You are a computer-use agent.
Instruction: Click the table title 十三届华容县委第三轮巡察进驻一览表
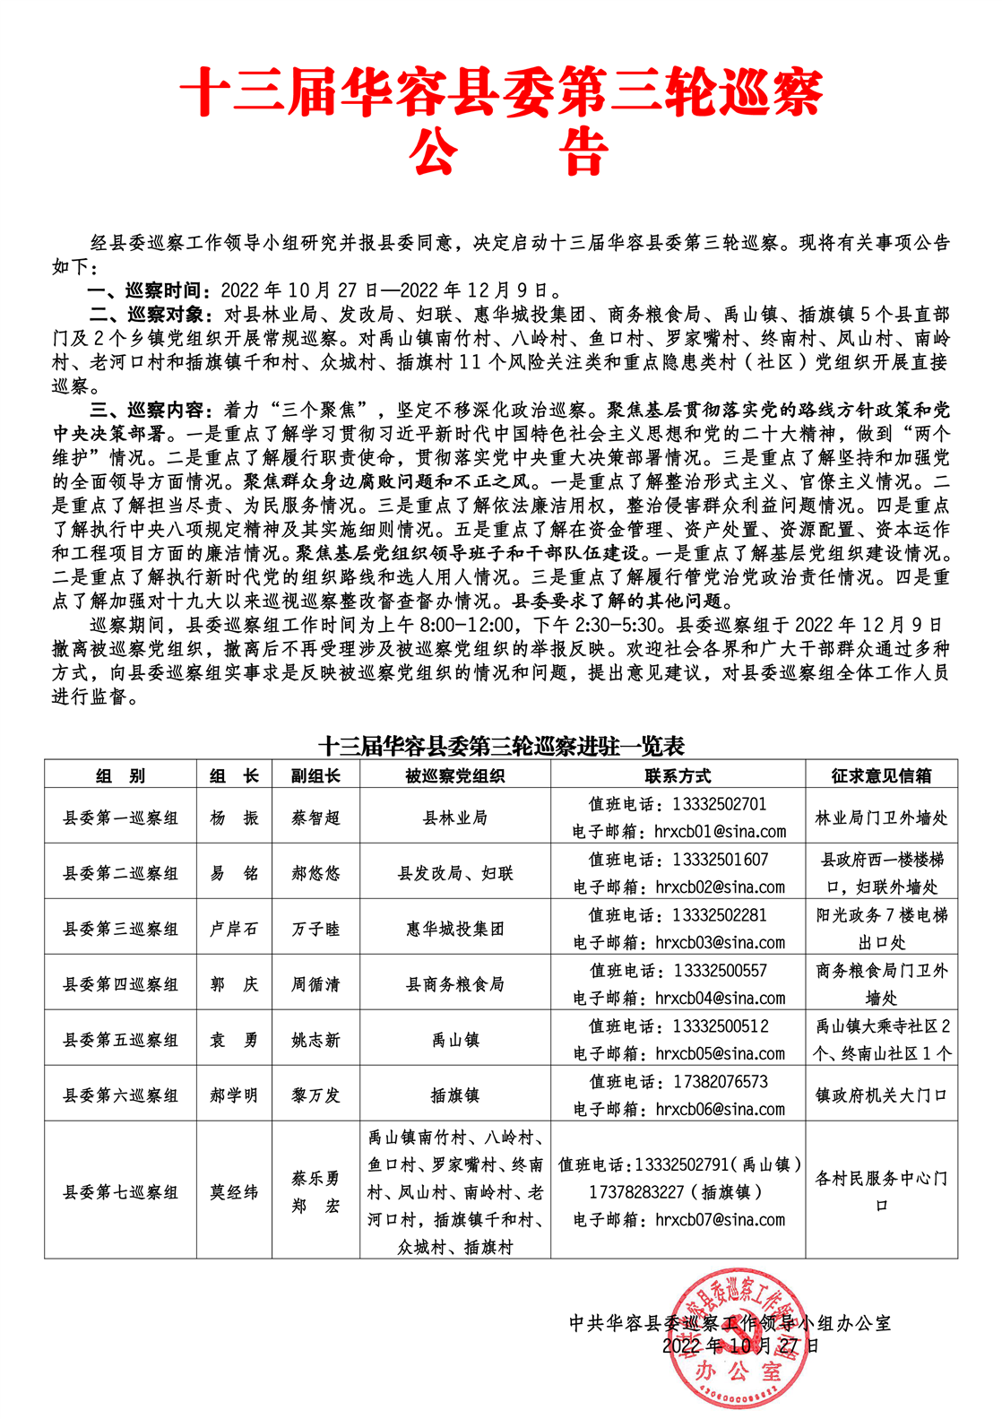click(501, 746)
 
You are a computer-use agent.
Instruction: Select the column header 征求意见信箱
click(881, 775)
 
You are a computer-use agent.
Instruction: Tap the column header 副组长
click(315, 775)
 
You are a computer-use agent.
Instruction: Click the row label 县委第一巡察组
click(120, 818)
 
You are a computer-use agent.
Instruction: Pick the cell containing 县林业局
click(455, 818)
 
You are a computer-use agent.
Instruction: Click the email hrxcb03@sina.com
click(721, 942)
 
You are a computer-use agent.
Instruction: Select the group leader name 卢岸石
click(234, 929)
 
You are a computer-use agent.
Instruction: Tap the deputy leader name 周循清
click(315, 984)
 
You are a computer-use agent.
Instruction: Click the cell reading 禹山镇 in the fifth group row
click(455, 1040)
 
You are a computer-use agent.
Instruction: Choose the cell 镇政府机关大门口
click(881, 1095)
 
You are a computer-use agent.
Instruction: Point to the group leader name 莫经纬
click(234, 1192)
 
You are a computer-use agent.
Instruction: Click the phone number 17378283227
click(636, 1192)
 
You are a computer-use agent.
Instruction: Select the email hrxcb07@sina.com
click(721, 1220)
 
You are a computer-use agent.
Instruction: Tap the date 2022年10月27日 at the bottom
click(740, 1345)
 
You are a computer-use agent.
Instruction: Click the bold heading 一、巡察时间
click(144, 290)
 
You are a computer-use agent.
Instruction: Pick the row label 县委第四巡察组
click(120, 984)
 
